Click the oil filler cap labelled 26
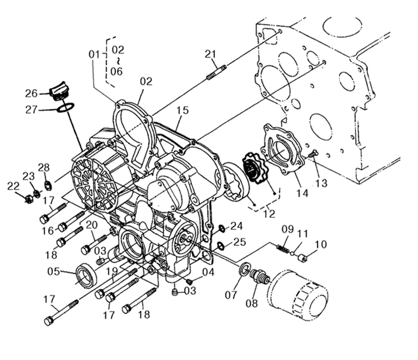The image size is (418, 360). (x=58, y=92)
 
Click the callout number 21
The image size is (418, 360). (x=210, y=54)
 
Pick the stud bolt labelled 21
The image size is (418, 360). (x=217, y=72)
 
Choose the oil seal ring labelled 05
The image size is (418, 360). (x=87, y=276)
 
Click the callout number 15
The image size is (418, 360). (x=182, y=110)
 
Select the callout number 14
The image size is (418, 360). (x=302, y=193)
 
